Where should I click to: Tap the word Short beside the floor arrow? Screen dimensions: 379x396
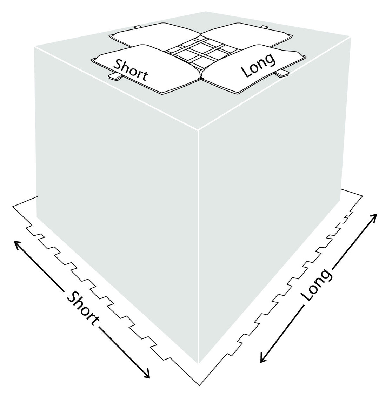[x=82, y=308]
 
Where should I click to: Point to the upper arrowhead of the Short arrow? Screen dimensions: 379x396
[x=17, y=245]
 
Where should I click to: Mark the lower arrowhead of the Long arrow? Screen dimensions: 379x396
[x=263, y=358]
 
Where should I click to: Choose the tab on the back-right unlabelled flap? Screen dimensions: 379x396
[x=264, y=27]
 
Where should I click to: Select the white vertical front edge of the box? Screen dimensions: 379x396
[x=199, y=246]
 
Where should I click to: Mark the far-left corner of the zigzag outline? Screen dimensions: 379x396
[x=13, y=207]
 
